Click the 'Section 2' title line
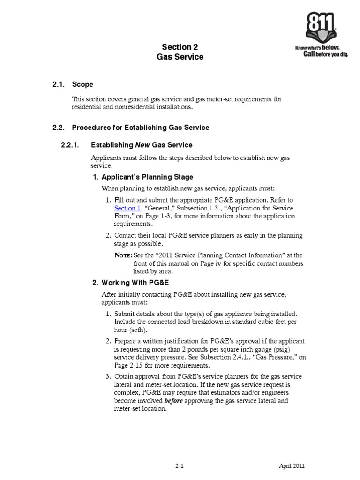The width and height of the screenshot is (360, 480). pyautogui.click(x=177, y=47)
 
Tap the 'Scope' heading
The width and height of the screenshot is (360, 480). pyautogui.click(x=82, y=84)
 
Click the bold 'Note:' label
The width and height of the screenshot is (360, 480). pyautogui.click(x=124, y=255)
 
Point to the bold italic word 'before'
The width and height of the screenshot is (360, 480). pyautogui.click(x=173, y=401)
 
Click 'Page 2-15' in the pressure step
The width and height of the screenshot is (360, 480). pyautogui.click(x=130, y=365)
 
